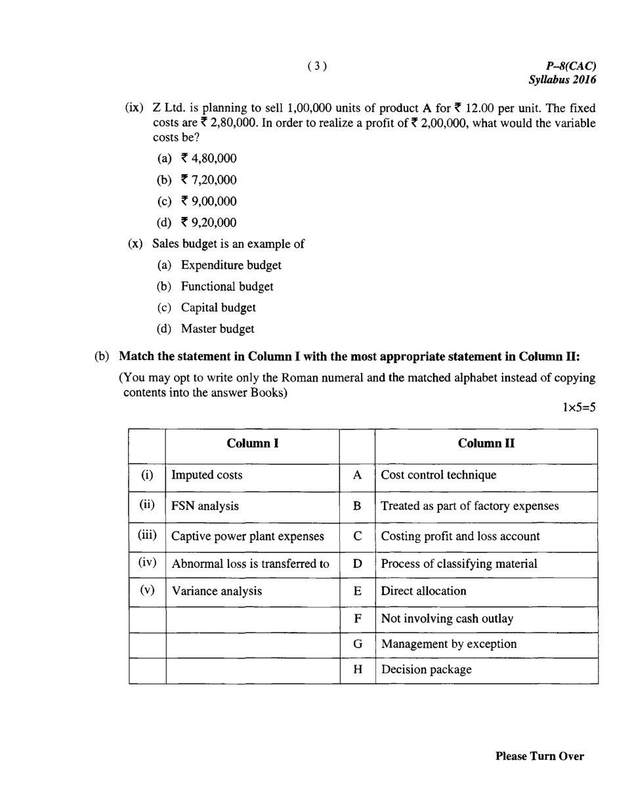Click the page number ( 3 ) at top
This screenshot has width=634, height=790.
pyautogui.click(x=316, y=66)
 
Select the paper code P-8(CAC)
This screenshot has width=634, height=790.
pyautogui.click(x=570, y=66)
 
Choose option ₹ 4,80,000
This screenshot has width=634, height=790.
pyautogui.click(x=208, y=159)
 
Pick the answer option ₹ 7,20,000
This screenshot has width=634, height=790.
pyautogui.click(x=208, y=180)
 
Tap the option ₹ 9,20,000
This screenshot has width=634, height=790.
pyautogui.click(x=208, y=222)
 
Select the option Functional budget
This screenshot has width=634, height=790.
pyautogui.click(x=227, y=286)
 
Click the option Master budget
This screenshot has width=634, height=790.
pyautogui.click(x=217, y=328)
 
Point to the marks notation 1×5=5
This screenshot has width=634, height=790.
pyautogui.click(x=578, y=407)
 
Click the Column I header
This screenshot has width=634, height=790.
pyautogui.click(x=253, y=443)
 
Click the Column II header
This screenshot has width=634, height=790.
pyautogui.click(x=486, y=443)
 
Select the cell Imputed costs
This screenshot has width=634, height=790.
pyautogui.click(x=207, y=475)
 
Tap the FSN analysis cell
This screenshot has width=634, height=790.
pyautogui.click(x=205, y=506)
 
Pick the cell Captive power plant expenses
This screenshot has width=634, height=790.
pyautogui.click(x=247, y=536)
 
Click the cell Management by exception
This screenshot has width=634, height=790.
pyautogui.click(x=449, y=644)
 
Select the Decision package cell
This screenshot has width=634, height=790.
pyautogui.click(x=426, y=670)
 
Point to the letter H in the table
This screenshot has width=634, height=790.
pyautogui.click(x=358, y=670)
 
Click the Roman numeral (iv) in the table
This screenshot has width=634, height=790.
pyautogui.click(x=147, y=562)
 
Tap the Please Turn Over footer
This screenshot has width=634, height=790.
pyautogui.click(x=539, y=757)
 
